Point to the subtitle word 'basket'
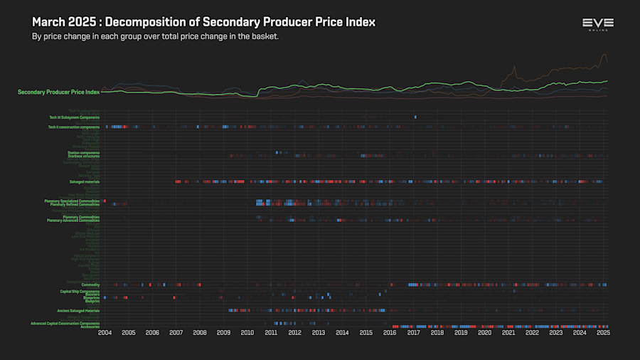coord(263,36)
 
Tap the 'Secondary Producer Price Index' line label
coord(59,92)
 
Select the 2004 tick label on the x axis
coord(105,332)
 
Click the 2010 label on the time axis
coord(247,332)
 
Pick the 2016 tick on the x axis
coord(390,332)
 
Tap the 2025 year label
coord(603,332)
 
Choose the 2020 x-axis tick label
coord(484,332)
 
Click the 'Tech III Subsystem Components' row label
coord(74,117)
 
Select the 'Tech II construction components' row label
coord(74,127)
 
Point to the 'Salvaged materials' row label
coord(84,181)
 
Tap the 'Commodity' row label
coord(90,285)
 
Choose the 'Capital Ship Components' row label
coord(80,291)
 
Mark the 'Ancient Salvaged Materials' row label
coord(78,311)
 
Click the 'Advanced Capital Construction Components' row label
coord(65,323)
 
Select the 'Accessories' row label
coord(90,327)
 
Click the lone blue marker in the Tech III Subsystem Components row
coord(415,117)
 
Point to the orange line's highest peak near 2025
coord(604,55)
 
